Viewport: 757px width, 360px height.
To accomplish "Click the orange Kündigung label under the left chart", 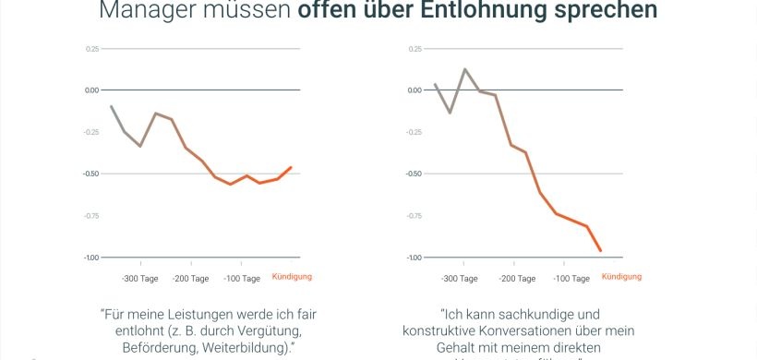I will coord(292,277).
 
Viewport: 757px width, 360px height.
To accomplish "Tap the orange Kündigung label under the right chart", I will coord(621,277).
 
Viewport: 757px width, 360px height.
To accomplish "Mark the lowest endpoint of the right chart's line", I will coord(600,250).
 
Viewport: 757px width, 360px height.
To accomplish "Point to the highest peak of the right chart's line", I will coord(465,69).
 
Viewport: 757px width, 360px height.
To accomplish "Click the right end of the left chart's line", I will coord(291,167).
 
